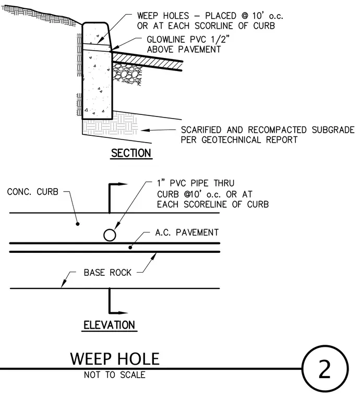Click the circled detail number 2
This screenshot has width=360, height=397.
325,369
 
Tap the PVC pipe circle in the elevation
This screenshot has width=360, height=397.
110,235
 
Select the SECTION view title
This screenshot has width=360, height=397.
131,153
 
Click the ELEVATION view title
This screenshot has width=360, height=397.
109,325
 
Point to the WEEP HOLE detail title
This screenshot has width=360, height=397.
115,359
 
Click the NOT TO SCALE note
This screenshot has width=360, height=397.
115,375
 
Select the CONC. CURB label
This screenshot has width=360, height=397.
33,192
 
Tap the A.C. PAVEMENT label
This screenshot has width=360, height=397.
187,232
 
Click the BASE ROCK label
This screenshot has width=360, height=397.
107,273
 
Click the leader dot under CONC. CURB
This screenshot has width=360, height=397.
78,224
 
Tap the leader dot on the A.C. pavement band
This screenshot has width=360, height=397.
130,248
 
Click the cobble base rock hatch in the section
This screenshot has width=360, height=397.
126,74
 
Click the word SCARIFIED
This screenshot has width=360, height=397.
201,130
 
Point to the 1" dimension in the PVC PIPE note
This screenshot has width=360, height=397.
161,183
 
